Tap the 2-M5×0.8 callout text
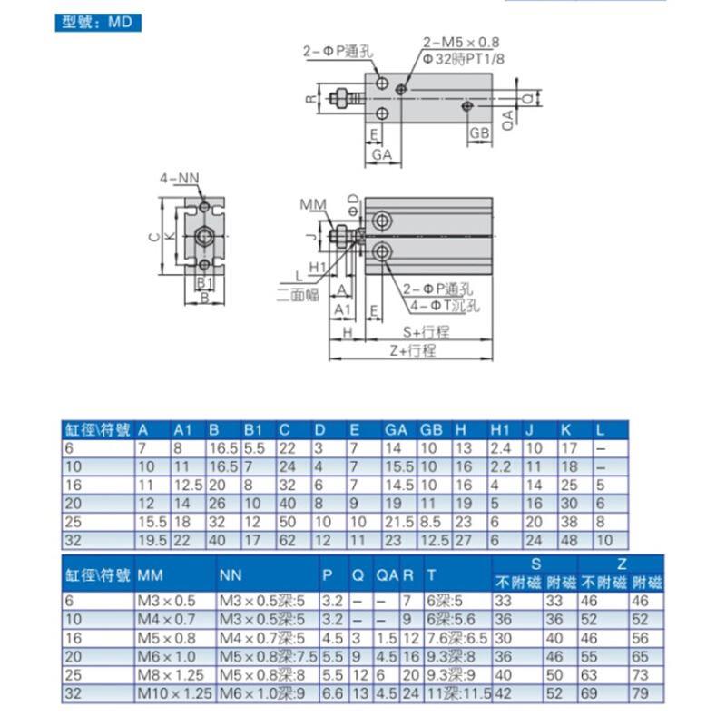pos(461,42)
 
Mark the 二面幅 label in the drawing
pos(297,293)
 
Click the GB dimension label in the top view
pos(480,132)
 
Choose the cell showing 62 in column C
pos(285,539)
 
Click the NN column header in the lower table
pos(231,575)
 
